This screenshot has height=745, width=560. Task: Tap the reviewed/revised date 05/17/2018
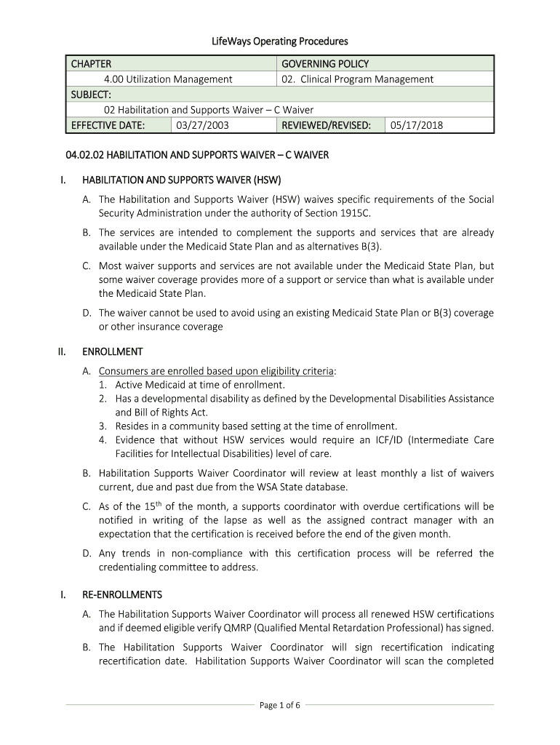point(416,125)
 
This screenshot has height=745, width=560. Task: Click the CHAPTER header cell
point(91,64)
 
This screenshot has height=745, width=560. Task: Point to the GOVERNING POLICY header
point(325,64)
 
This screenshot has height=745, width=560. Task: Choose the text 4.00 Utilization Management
point(168,79)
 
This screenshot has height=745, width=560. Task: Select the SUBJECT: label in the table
point(91,95)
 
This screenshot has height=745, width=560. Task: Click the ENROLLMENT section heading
point(113,351)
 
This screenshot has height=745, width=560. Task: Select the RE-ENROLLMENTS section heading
point(122,594)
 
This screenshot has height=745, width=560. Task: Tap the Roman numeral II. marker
point(63,351)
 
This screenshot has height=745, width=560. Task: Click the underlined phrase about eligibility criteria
point(216,370)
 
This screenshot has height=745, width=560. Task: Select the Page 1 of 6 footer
point(280,704)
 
